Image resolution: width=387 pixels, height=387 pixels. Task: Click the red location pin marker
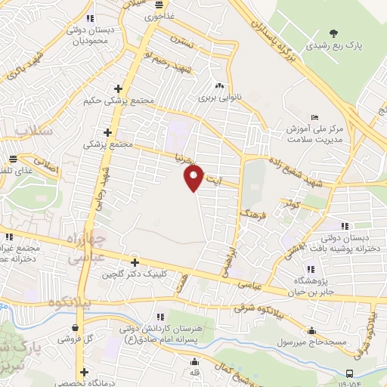[x=193, y=178]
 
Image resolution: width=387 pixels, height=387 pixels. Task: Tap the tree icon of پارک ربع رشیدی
[x=333, y=33]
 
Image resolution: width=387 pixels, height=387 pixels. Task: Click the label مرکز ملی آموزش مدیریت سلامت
[x=314, y=134]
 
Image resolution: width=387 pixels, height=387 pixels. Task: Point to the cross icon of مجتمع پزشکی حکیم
[x=116, y=88]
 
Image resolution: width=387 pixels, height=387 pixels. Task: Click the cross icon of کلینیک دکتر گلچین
[x=135, y=263]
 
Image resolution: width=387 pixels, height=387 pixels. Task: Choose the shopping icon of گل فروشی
[x=75, y=327]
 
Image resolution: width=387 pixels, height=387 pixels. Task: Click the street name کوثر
[x=291, y=203]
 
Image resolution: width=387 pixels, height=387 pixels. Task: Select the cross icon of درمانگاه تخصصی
[x=85, y=372]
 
